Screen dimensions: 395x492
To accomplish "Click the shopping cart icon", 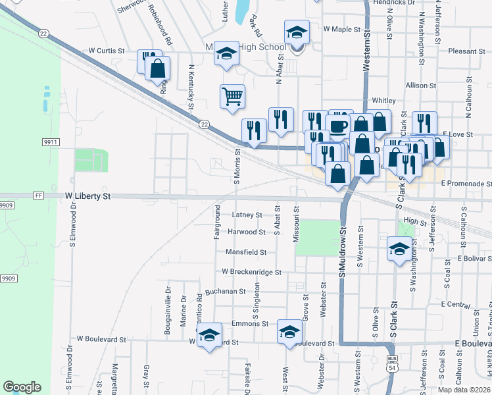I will tap(232, 97).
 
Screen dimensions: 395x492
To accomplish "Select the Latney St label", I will tap(247, 215).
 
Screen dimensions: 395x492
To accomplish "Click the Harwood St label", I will tap(247, 232).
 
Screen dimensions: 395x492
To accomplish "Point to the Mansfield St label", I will tap(245, 251).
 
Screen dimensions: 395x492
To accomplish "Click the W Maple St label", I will tap(342, 30).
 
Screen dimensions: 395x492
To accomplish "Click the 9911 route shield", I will tap(51, 142).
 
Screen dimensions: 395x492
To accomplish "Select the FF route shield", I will tap(38, 196).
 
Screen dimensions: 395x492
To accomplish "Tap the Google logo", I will tap(22, 387).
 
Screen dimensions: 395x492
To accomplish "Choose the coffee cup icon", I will tap(339, 124).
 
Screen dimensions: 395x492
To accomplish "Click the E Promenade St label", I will tap(466, 183).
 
